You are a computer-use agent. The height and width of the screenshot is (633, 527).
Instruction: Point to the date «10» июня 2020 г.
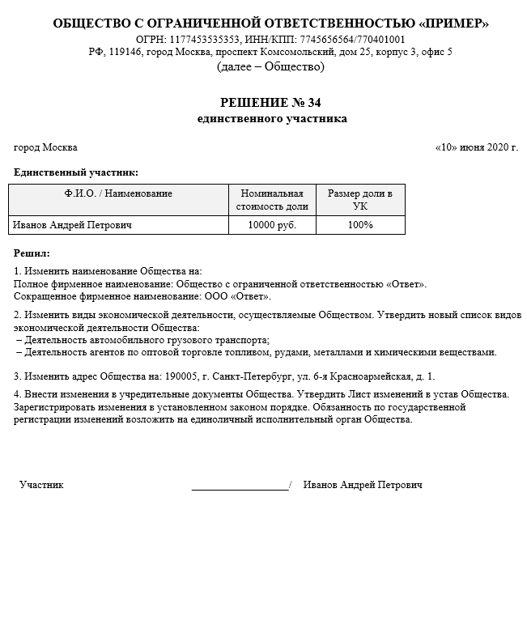click(476, 147)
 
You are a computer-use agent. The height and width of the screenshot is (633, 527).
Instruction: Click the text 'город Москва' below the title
click(46, 147)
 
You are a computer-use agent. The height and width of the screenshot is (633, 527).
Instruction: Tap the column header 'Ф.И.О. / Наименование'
click(118, 194)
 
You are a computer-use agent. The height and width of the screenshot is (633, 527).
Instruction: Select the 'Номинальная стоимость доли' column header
click(272, 200)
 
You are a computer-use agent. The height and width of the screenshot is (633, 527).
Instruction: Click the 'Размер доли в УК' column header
click(359, 200)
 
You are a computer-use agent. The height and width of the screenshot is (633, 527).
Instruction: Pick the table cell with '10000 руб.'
click(272, 225)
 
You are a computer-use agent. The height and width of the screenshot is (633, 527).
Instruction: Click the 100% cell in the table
click(360, 225)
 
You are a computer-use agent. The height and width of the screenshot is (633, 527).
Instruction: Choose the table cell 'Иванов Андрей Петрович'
click(73, 225)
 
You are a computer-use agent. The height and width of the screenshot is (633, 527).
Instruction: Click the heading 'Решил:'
click(32, 253)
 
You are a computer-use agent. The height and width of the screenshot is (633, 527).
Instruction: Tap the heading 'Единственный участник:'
click(76, 172)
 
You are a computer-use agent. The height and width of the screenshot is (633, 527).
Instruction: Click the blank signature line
click(240, 488)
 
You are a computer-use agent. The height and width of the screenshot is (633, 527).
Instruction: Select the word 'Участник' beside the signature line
click(41, 485)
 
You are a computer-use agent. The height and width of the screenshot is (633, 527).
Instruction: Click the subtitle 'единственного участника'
click(271, 119)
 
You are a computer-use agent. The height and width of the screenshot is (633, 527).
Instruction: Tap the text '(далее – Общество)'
click(270, 66)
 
